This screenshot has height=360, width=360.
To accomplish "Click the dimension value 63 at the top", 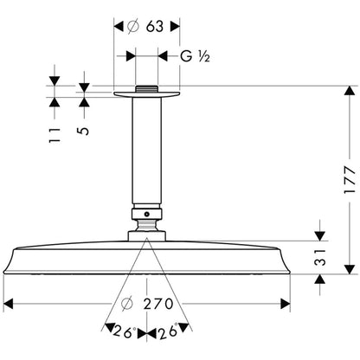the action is point(155,27).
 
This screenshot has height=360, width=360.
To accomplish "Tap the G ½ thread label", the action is point(195,56).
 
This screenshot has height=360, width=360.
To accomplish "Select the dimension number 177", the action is point(350,180).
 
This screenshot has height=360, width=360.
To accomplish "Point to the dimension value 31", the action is point(320,257).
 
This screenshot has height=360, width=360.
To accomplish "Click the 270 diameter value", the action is point(158,304).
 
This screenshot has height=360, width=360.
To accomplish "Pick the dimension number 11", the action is point(55,135).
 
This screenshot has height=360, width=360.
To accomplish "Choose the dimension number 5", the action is point(83,131).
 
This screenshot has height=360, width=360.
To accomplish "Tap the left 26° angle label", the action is point(124,331).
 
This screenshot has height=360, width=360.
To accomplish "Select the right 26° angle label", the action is point(168,331).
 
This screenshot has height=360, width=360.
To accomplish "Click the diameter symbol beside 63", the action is point(133,27).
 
